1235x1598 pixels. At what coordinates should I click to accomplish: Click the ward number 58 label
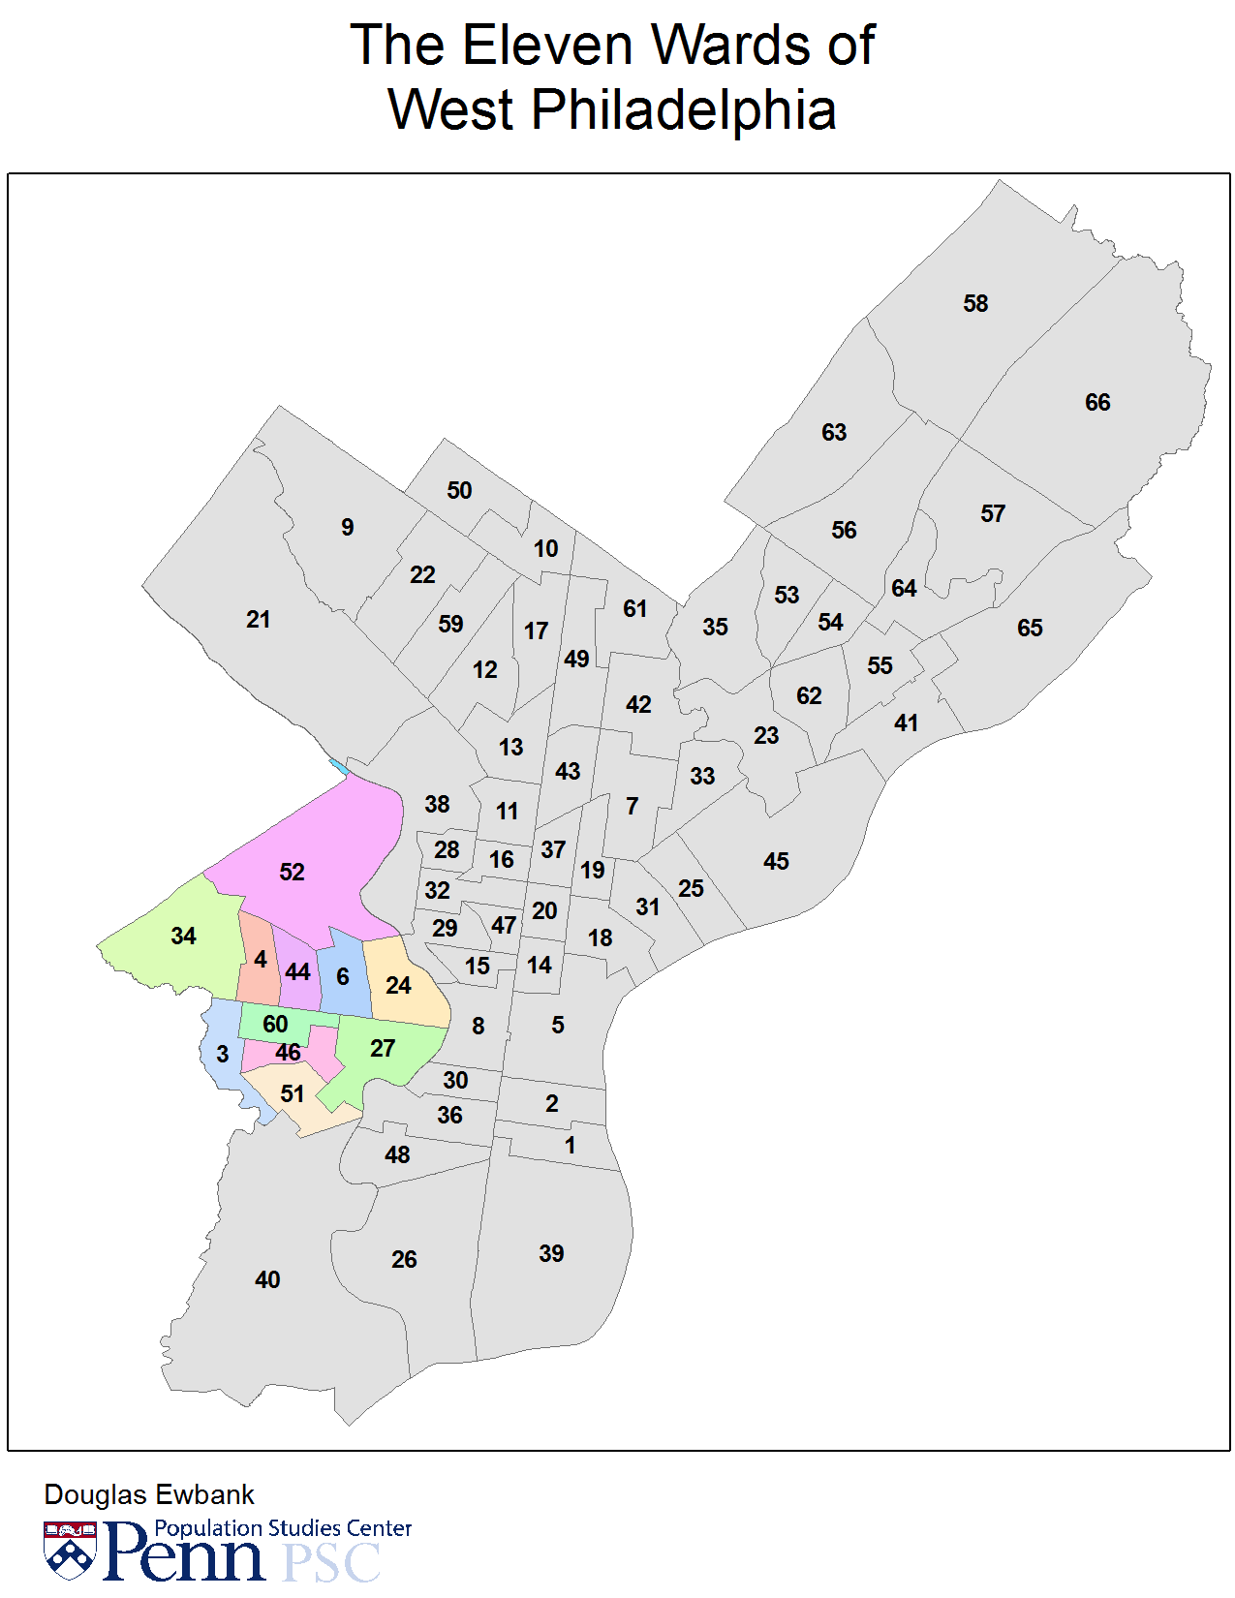tap(975, 304)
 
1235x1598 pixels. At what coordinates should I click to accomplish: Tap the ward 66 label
tap(1097, 403)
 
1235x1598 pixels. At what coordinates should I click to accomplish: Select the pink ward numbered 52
tap(292, 873)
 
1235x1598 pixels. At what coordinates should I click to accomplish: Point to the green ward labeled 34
tap(183, 937)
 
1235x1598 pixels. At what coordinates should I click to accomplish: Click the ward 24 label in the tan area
tap(398, 986)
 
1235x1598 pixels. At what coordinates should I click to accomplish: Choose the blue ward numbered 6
tap(343, 977)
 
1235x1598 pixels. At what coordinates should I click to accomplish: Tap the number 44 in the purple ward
tap(298, 972)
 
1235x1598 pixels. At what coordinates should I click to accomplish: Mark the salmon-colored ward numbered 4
tap(260, 960)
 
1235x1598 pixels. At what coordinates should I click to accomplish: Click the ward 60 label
tap(275, 1025)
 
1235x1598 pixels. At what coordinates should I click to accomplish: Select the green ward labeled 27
tap(383, 1049)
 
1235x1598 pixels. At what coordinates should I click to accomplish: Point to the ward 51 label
tap(293, 1094)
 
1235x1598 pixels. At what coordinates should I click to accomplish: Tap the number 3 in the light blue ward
tap(223, 1055)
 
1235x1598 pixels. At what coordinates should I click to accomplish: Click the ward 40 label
tap(267, 1280)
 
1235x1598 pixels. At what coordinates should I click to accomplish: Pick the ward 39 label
tap(551, 1254)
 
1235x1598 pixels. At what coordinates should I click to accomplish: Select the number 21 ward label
tap(258, 620)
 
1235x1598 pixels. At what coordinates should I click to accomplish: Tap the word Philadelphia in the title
tap(683, 109)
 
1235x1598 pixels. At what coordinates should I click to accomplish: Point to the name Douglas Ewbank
tap(149, 1494)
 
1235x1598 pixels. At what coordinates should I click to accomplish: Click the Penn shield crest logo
tap(70, 1550)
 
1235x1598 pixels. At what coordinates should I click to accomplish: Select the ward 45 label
tap(776, 862)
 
